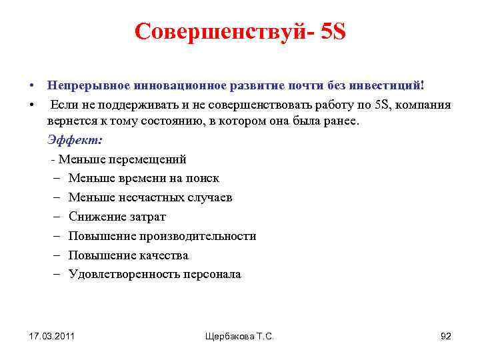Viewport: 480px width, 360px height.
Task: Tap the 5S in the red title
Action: (x=332, y=31)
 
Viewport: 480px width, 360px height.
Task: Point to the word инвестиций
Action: (x=388, y=86)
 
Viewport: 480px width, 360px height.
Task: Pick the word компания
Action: (x=423, y=105)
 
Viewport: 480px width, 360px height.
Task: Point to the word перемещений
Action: (x=149, y=159)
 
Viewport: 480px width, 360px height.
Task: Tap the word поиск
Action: (x=203, y=178)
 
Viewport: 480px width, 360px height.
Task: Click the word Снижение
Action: (x=95, y=217)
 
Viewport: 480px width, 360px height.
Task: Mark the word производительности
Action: (x=198, y=236)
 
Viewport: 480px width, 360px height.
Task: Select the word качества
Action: (x=164, y=255)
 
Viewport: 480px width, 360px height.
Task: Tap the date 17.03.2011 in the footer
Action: (x=52, y=336)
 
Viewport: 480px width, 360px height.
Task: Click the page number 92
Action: (x=446, y=336)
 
